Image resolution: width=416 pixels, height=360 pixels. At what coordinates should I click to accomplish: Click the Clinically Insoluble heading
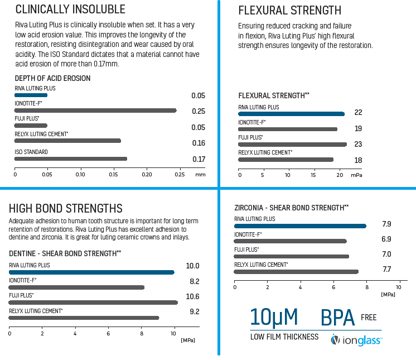pyautogui.click(x=70, y=9)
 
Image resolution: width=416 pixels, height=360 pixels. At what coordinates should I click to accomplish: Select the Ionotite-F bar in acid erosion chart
pyautogui.click(x=95, y=111)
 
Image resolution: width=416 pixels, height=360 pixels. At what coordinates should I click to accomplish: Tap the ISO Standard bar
pyautogui.click(x=71, y=159)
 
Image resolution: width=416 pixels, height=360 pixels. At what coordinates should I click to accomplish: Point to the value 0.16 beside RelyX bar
pyautogui.click(x=199, y=143)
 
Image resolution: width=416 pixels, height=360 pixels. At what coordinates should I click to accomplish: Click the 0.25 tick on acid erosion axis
pyautogui.click(x=180, y=175)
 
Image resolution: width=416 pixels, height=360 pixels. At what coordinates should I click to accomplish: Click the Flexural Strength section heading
pyautogui.click(x=289, y=11)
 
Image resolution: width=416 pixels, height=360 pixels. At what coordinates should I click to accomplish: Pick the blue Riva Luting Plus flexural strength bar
pyautogui.click(x=291, y=114)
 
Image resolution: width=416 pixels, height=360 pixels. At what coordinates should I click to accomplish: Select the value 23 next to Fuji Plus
pyautogui.click(x=358, y=144)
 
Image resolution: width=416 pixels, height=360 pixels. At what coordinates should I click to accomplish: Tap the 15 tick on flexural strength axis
pyautogui.click(x=314, y=175)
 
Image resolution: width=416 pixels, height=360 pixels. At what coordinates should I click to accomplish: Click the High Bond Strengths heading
pyautogui.click(x=66, y=209)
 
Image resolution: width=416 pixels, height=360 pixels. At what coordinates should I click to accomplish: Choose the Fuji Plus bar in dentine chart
pyautogui.click(x=93, y=303)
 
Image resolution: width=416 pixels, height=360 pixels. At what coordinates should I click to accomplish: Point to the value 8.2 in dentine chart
pyautogui.click(x=194, y=281)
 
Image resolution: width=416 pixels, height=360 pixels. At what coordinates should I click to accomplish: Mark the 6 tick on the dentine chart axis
pyautogui.click(x=108, y=333)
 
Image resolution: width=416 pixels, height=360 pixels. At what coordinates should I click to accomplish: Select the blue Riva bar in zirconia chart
pyautogui.click(x=300, y=226)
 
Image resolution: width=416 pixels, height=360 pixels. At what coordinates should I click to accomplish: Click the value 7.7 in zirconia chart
pyautogui.click(x=386, y=270)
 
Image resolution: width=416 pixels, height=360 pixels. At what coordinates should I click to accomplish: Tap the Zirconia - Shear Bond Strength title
pyautogui.click(x=292, y=208)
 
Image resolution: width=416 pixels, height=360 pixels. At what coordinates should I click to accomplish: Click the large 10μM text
pyautogui.click(x=274, y=317)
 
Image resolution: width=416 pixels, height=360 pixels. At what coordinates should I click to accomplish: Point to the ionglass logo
pyautogui.click(x=357, y=339)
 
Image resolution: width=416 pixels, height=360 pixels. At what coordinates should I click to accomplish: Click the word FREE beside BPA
pyautogui.click(x=369, y=318)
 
